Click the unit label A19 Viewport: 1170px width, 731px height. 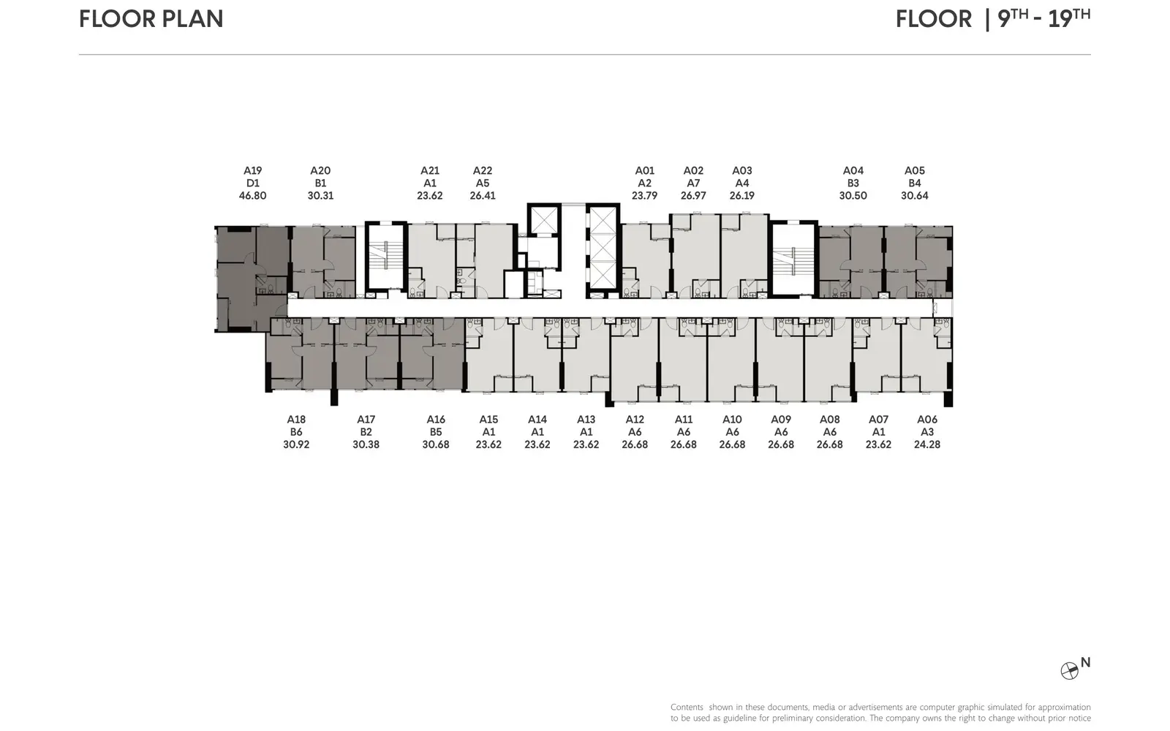pyautogui.click(x=253, y=171)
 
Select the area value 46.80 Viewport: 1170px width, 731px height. pyautogui.click(x=253, y=196)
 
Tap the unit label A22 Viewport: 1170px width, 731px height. pyautogui.click(x=483, y=171)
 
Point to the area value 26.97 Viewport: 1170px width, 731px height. pyautogui.click(x=693, y=196)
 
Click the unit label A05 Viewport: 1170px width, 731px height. pyautogui.click(x=915, y=171)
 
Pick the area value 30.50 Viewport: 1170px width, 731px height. pyautogui.click(x=853, y=196)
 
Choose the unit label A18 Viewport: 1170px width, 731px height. pyautogui.click(x=296, y=420)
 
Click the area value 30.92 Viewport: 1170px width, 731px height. pyautogui.click(x=296, y=444)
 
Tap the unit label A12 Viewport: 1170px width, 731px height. pyautogui.click(x=635, y=420)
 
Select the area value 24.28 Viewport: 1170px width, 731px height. pyautogui.click(x=927, y=444)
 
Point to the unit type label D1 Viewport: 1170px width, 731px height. pyautogui.click(x=253, y=183)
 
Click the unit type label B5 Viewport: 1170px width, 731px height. pyautogui.click(x=436, y=432)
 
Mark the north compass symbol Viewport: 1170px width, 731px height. pyautogui.click(x=1069, y=671)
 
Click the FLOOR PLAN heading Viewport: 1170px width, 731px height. pyautogui.click(x=151, y=19)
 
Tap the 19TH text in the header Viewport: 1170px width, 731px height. pyautogui.click(x=1069, y=18)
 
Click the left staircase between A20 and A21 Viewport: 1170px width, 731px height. pyautogui.click(x=385, y=256)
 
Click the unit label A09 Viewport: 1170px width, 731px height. pyautogui.click(x=781, y=420)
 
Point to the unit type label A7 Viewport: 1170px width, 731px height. pyautogui.click(x=693, y=183)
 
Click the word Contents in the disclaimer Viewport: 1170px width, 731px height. pyautogui.click(x=687, y=707)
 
